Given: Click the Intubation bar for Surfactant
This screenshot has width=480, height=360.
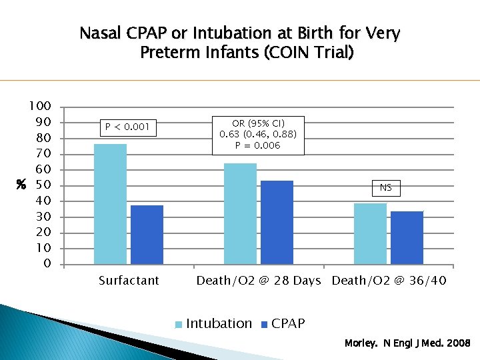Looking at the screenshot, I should pyautogui.click(x=110, y=204).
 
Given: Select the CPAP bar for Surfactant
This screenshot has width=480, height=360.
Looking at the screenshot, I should pyautogui.click(x=147, y=235).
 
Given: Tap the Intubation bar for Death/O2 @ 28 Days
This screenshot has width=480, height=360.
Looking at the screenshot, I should pyautogui.click(x=240, y=213).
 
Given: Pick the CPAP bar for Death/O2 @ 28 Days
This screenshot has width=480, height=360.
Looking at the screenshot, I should pyautogui.click(x=277, y=223).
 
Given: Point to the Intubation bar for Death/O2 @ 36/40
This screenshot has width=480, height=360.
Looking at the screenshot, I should pyautogui.click(x=370, y=233).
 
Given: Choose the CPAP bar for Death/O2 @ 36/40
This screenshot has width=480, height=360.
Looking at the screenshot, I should pyautogui.click(x=407, y=237).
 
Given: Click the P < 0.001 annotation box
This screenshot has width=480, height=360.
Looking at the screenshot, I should pyautogui.click(x=127, y=127).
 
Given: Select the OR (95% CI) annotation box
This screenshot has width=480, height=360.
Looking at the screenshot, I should pyautogui.click(x=258, y=135).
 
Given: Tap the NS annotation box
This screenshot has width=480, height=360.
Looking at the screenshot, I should pyautogui.click(x=386, y=188).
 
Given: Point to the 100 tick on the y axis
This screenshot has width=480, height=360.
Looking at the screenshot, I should pyautogui.click(x=39, y=107).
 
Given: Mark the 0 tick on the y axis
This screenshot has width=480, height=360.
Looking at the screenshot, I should pyautogui.click(x=47, y=264).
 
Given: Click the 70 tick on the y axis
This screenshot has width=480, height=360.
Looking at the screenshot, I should pyautogui.click(x=43, y=154).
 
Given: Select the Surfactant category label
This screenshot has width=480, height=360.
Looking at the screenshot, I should pyautogui.click(x=129, y=281).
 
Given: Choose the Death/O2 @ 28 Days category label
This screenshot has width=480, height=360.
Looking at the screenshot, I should pyautogui.click(x=259, y=281).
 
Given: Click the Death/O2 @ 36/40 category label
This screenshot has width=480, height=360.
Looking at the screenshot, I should pyautogui.click(x=389, y=281).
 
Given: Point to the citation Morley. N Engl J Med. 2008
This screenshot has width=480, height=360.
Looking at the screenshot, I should pyautogui.click(x=407, y=343).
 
